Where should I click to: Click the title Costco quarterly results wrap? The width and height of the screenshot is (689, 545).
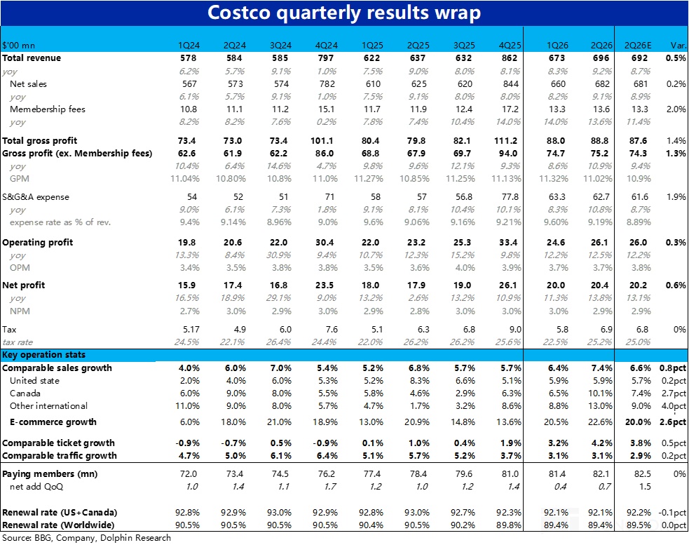pyautogui.click(x=344, y=13)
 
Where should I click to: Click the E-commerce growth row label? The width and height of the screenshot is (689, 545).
pyautogui.click(x=53, y=422)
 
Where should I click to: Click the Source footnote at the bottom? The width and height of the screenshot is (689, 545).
pyautogui.click(x=86, y=538)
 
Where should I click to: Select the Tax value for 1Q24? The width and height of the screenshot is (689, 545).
pyautogui.click(x=190, y=329)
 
